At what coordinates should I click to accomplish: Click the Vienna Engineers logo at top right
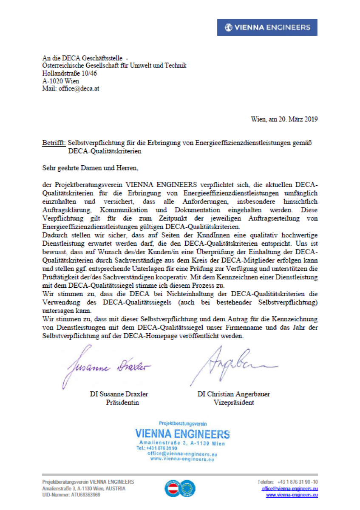(x=267, y=27)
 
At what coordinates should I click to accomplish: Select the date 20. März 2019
(x=292, y=119)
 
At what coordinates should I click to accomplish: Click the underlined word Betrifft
(x=54, y=143)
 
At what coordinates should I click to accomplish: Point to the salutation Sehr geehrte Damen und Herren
(x=91, y=168)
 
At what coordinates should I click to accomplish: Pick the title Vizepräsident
(x=234, y=402)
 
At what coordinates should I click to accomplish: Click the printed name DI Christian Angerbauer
(x=233, y=394)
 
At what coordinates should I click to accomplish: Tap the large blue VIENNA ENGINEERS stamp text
(x=182, y=434)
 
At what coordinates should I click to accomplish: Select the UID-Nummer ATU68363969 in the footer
(x=71, y=495)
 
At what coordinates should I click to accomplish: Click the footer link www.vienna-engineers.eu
(x=292, y=495)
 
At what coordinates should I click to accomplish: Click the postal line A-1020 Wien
(x=60, y=81)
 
